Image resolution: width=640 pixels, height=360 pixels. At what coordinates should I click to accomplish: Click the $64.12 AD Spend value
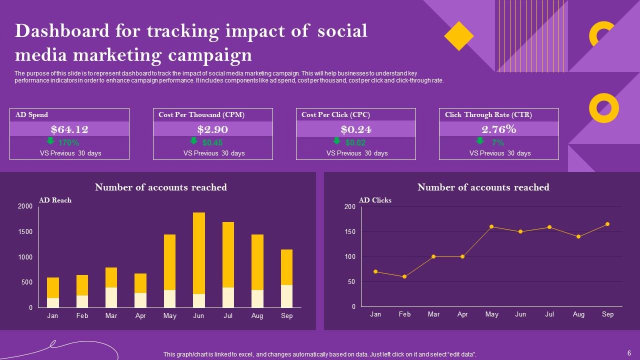click(69, 129)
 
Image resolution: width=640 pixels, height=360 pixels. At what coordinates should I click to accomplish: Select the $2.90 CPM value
click(212, 129)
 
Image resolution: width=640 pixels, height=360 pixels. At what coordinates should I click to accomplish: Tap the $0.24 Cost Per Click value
click(355, 129)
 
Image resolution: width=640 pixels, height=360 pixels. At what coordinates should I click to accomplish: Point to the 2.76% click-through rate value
click(498, 129)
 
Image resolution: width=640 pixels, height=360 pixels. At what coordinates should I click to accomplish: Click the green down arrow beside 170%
click(50, 141)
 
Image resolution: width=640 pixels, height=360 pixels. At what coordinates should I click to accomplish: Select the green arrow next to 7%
click(480, 141)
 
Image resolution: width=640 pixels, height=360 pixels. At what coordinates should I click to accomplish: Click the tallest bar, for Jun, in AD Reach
click(199, 260)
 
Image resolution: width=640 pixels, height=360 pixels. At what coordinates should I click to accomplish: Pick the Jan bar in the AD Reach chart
click(53, 292)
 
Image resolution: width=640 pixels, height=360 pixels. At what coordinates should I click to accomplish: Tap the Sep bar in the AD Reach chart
click(286, 278)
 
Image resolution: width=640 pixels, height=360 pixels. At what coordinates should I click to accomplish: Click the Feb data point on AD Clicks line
click(404, 276)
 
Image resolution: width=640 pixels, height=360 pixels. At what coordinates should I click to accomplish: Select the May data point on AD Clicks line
click(491, 226)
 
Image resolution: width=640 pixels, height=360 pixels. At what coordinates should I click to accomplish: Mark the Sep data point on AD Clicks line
click(607, 224)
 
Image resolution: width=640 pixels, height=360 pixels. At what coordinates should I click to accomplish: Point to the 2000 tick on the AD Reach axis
click(25, 206)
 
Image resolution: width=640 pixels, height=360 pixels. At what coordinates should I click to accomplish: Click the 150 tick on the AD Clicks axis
click(349, 231)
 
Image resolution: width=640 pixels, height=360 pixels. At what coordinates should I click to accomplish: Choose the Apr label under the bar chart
click(140, 315)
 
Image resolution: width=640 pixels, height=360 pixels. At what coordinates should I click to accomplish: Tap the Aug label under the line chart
click(578, 314)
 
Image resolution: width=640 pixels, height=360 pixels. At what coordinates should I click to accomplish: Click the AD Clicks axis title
click(375, 200)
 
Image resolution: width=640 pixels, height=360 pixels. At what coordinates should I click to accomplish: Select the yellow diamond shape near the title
click(458, 36)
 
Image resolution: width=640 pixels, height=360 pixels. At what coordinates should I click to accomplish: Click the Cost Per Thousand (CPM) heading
click(201, 115)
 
